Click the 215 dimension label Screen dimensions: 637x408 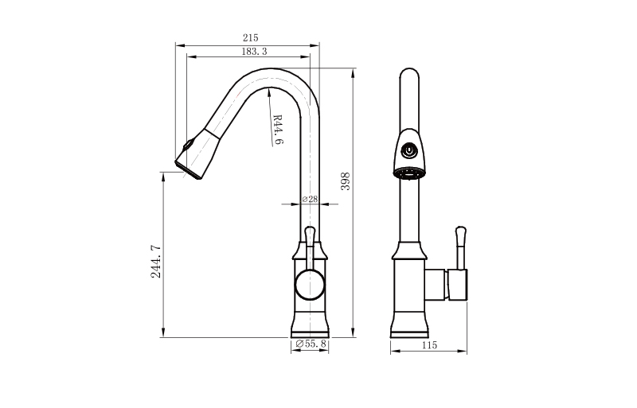[x=250, y=37]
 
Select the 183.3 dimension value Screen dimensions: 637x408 [x=254, y=52]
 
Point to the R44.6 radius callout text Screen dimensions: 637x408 [x=278, y=129]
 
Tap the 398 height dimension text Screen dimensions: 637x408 [x=345, y=181]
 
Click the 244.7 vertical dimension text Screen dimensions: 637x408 [x=156, y=262]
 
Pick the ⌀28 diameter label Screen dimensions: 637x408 [x=310, y=199]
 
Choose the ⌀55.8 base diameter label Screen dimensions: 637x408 [x=311, y=344]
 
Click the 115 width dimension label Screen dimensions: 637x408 [x=429, y=345]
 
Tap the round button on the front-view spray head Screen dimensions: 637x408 [x=409, y=150]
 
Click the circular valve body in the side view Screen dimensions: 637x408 [x=310, y=285]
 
